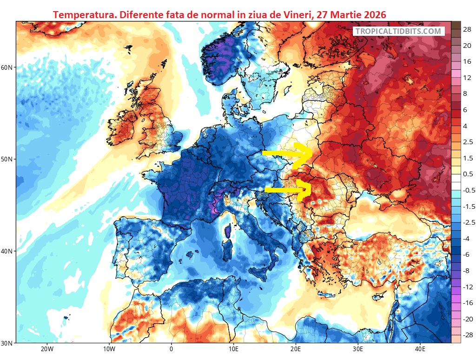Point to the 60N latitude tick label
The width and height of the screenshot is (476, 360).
7,67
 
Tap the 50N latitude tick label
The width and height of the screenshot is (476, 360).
7,159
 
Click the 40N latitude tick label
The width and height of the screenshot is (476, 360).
7,251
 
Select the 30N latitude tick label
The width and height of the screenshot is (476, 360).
7,343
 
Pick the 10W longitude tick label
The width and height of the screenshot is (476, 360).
109,350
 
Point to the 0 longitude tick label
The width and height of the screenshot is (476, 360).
171,350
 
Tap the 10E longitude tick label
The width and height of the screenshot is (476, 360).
233,350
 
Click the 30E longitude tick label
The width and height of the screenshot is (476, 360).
357,350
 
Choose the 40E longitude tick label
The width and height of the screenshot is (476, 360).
420,350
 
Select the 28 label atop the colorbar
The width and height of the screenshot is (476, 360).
468,29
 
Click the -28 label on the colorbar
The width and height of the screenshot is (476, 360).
467,335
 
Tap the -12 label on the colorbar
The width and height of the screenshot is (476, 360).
467,287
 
